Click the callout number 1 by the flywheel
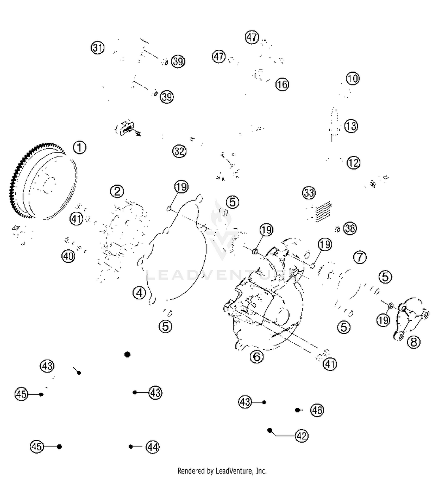(x=80, y=147)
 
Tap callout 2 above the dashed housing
(x=117, y=191)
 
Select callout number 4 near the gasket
(x=139, y=293)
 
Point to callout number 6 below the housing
(x=257, y=356)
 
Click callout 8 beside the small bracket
(x=414, y=342)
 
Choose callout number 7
(x=360, y=257)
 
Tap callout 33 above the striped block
(x=309, y=193)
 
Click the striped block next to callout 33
(x=323, y=211)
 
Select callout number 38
(x=350, y=229)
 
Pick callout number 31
(x=98, y=48)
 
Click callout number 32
(x=179, y=151)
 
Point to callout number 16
(x=282, y=85)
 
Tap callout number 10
(x=352, y=79)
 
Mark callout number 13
(x=351, y=126)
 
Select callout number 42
(x=302, y=436)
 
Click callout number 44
(x=152, y=447)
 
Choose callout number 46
(x=317, y=410)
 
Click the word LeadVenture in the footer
(x=234, y=471)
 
